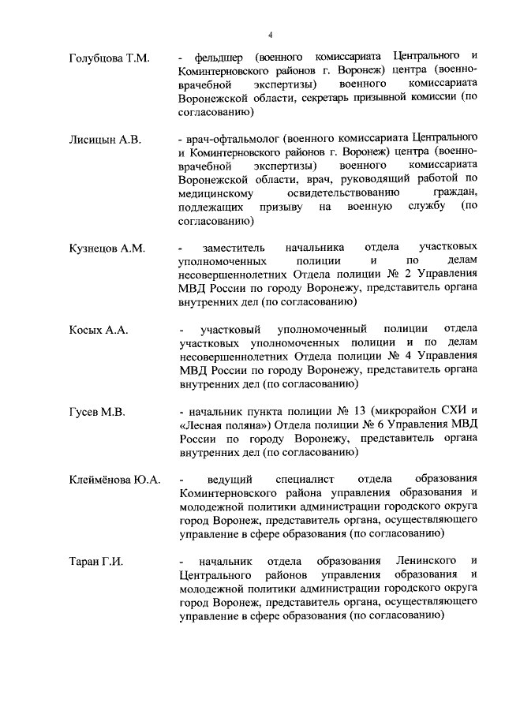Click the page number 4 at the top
270,35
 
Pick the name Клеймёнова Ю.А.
115,480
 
